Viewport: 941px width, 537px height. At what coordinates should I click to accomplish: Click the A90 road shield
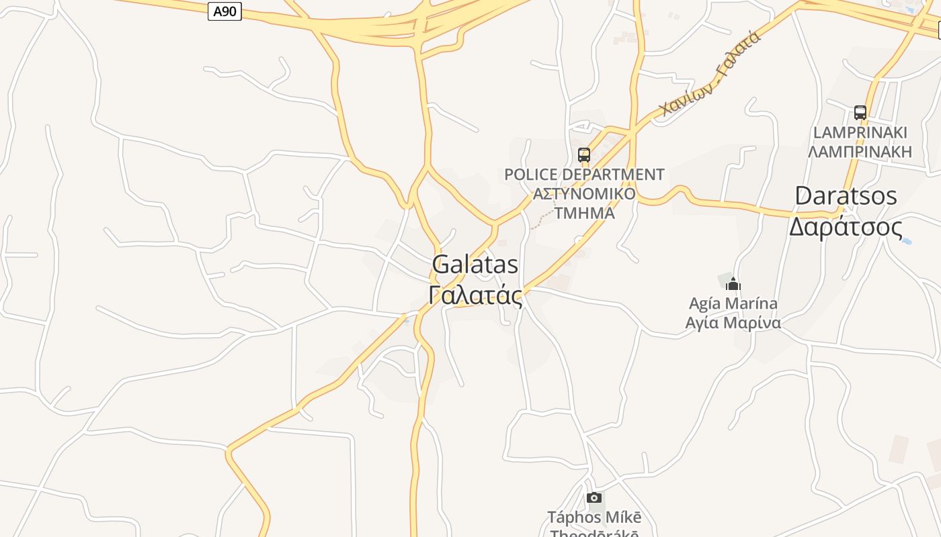224,11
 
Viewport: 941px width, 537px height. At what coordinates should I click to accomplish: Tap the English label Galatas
475,264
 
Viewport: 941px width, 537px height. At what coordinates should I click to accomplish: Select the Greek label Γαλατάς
475,295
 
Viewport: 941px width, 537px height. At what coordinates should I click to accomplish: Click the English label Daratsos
846,196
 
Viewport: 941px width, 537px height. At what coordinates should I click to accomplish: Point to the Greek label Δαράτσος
846,227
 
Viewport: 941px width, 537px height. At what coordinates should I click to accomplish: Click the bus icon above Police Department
584,155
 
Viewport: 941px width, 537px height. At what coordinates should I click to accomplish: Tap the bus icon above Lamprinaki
860,112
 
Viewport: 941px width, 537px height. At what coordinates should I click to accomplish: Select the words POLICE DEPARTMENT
584,175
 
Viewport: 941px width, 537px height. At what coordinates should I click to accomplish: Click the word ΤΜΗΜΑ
584,213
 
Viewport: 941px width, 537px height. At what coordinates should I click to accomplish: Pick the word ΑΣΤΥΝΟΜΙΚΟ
584,194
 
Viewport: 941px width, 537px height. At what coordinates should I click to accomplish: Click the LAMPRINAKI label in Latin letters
860,132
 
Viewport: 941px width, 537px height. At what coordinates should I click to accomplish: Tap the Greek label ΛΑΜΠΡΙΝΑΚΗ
860,152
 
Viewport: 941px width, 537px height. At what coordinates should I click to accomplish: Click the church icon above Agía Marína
733,284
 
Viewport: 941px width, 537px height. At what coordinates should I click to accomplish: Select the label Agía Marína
733,303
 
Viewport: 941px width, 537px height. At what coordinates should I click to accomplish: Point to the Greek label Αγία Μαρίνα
733,323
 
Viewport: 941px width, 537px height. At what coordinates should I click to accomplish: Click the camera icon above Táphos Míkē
594,497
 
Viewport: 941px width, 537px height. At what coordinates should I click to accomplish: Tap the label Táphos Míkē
594,517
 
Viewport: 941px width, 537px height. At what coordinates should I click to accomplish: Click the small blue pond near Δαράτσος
906,240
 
